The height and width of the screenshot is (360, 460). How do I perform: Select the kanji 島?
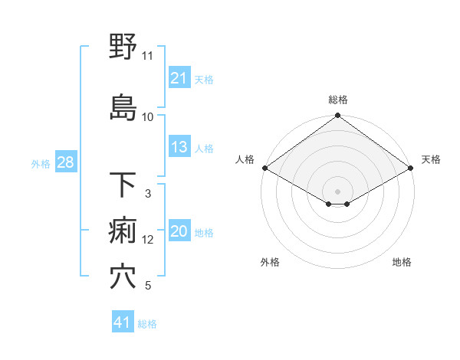(123, 106)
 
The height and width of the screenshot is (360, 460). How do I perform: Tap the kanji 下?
(123, 185)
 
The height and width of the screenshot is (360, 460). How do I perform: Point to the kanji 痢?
(123, 231)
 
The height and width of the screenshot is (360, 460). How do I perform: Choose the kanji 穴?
(123, 277)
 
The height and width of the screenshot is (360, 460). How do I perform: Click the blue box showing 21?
(179, 78)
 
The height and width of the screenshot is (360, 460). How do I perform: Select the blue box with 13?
(179, 147)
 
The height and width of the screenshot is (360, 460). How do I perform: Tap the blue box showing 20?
(179, 232)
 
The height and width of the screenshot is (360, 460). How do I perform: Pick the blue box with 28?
(65, 163)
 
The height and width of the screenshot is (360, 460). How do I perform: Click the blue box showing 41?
(123, 322)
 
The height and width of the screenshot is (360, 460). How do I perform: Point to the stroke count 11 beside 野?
(147, 56)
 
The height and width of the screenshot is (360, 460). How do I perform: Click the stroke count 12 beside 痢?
(148, 240)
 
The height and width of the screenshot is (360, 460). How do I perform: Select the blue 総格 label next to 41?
(147, 324)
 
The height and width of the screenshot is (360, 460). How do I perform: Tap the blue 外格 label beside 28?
(41, 164)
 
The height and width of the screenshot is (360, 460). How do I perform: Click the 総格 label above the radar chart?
(338, 100)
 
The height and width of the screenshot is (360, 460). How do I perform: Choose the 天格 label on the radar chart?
(431, 159)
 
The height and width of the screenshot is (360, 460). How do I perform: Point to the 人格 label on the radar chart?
(245, 159)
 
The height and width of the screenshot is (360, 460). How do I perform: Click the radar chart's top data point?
(337, 116)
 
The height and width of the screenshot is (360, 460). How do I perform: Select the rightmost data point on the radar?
(412, 168)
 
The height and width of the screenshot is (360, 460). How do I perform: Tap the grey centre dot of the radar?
(337, 190)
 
